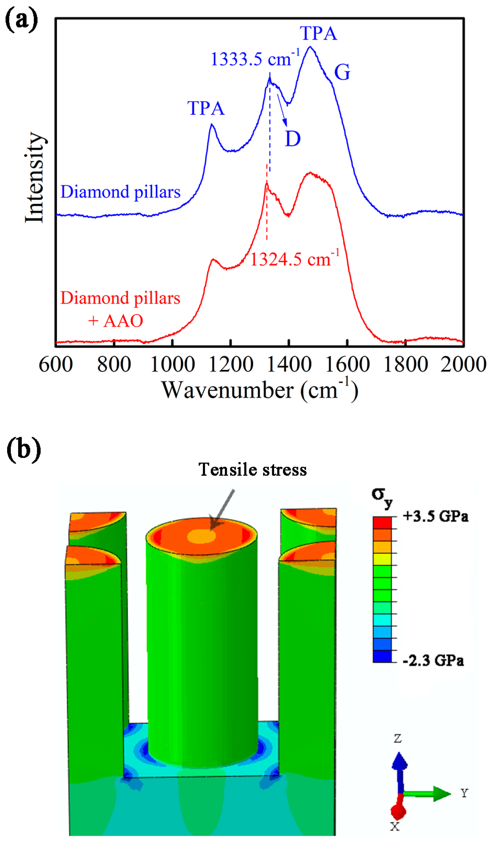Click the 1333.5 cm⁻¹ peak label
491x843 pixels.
[255, 59]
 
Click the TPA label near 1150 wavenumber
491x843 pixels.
[206, 108]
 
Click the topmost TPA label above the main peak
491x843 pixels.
[318, 33]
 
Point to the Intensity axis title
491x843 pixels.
[34, 177]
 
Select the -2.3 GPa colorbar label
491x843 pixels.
[433, 661]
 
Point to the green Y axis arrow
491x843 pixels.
[427, 794]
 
